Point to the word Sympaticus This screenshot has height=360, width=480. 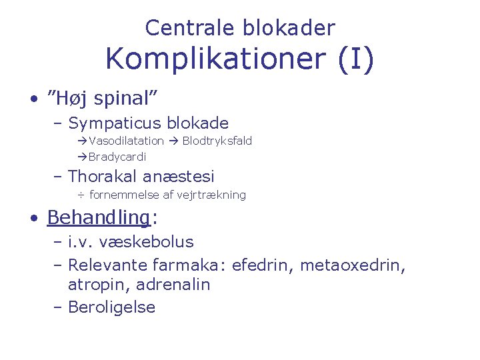point(115,123)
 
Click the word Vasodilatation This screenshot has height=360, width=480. point(126,141)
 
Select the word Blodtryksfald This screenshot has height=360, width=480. point(217,141)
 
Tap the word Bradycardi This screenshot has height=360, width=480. point(117,157)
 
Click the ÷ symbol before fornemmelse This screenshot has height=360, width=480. point(80,195)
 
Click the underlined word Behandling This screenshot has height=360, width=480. point(98,218)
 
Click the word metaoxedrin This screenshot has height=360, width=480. point(351,265)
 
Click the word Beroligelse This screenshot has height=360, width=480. point(111,307)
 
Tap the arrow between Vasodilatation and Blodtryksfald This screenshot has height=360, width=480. point(172,141)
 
